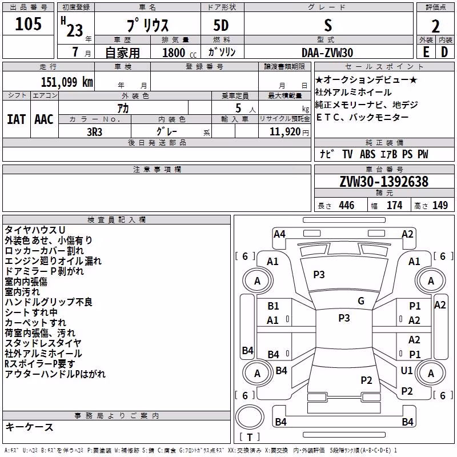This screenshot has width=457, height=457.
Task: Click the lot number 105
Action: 28,23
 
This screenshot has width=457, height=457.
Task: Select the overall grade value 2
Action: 435,26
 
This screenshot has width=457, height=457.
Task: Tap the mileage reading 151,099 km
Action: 67,82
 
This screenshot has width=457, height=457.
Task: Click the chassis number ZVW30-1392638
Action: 384,182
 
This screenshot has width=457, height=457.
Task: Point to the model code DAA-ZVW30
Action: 327,53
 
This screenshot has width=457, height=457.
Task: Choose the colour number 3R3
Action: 94,132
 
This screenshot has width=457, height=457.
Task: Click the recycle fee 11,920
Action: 285,132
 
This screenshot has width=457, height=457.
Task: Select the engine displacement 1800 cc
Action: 179,53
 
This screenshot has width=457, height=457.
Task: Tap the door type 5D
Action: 221,26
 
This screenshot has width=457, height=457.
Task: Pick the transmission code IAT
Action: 17,119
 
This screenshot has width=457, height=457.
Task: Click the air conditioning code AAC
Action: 44,119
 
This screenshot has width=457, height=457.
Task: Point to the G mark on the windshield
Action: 361,301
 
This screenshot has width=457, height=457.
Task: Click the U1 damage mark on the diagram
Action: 407,370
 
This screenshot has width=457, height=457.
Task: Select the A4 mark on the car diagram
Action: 279,234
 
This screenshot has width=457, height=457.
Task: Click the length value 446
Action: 347,206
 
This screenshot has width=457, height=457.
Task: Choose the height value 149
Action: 440,206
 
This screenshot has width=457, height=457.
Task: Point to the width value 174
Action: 395,206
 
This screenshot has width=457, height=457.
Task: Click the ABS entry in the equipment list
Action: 367,154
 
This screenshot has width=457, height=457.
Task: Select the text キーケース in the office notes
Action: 30,427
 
